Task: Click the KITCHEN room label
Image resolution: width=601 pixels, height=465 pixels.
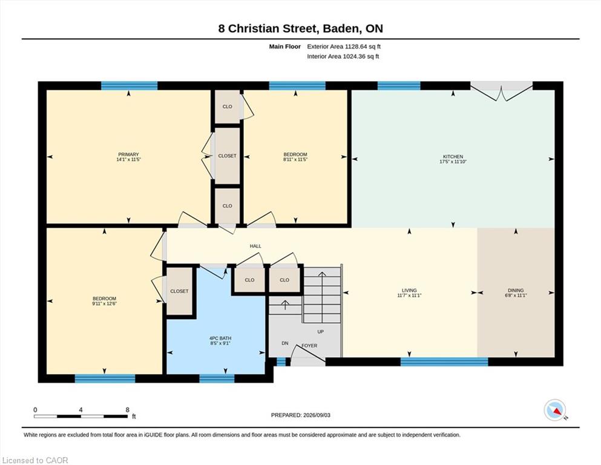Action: (x=453, y=156)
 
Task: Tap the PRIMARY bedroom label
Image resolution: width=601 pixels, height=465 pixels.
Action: (x=128, y=154)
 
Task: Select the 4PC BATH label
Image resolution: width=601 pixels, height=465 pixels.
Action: (x=220, y=338)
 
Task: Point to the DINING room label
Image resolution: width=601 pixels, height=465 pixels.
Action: (x=516, y=290)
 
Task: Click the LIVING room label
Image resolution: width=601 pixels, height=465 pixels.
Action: (x=409, y=290)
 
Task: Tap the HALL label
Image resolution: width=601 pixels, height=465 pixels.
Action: (x=255, y=246)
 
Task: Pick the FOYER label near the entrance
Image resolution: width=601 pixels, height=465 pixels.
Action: (x=309, y=345)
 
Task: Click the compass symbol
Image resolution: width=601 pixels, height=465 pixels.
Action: (x=555, y=410)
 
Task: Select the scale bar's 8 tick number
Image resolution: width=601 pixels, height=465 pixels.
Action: (x=128, y=410)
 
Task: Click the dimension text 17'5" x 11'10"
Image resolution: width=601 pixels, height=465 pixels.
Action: (x=453, y=162)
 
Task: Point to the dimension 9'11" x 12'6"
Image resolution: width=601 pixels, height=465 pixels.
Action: (x=104, y=303)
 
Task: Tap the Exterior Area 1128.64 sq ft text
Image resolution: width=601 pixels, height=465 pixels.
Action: (x=344, y=47)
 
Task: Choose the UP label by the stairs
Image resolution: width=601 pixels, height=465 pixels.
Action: (x=320, y=332)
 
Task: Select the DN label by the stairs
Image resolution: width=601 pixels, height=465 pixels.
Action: (x=285, y=343)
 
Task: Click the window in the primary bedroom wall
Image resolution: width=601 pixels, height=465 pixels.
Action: (x=129, y=85)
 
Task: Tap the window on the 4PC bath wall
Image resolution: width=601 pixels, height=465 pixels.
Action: (x=217, y=378)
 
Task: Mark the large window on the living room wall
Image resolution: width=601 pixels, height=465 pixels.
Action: (x=444, y=361)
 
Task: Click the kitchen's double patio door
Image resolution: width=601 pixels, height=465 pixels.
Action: (x=501, y=91)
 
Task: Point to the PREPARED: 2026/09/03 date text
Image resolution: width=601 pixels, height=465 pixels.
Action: (x=300, y=415)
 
